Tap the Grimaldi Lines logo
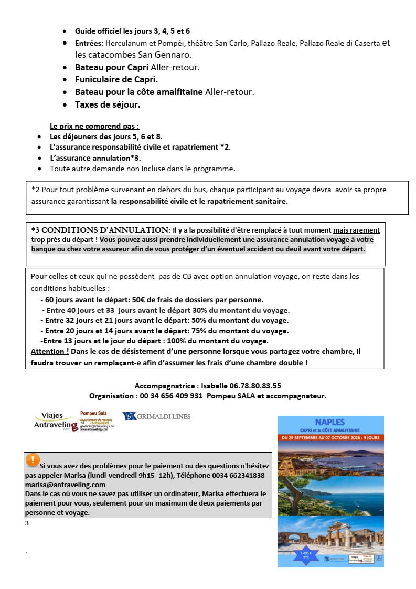pyautogui.click(x=156, y=416)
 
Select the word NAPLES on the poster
pyautogui.click(x=330, y=422)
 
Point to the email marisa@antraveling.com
pyautogui.click(x=65, y=485)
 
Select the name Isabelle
pyautogui.click(x=215, y=385)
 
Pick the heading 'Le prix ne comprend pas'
pyautogui.click(x=94, y=126)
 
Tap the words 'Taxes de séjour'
pyautogui.click(x=107, y=104)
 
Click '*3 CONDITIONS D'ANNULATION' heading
pyautogui.click(x=100, y=230)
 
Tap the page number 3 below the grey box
pyautogui.click(x=27, y=523)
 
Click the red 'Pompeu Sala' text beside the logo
pyautogui.click(x=93, y=413)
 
